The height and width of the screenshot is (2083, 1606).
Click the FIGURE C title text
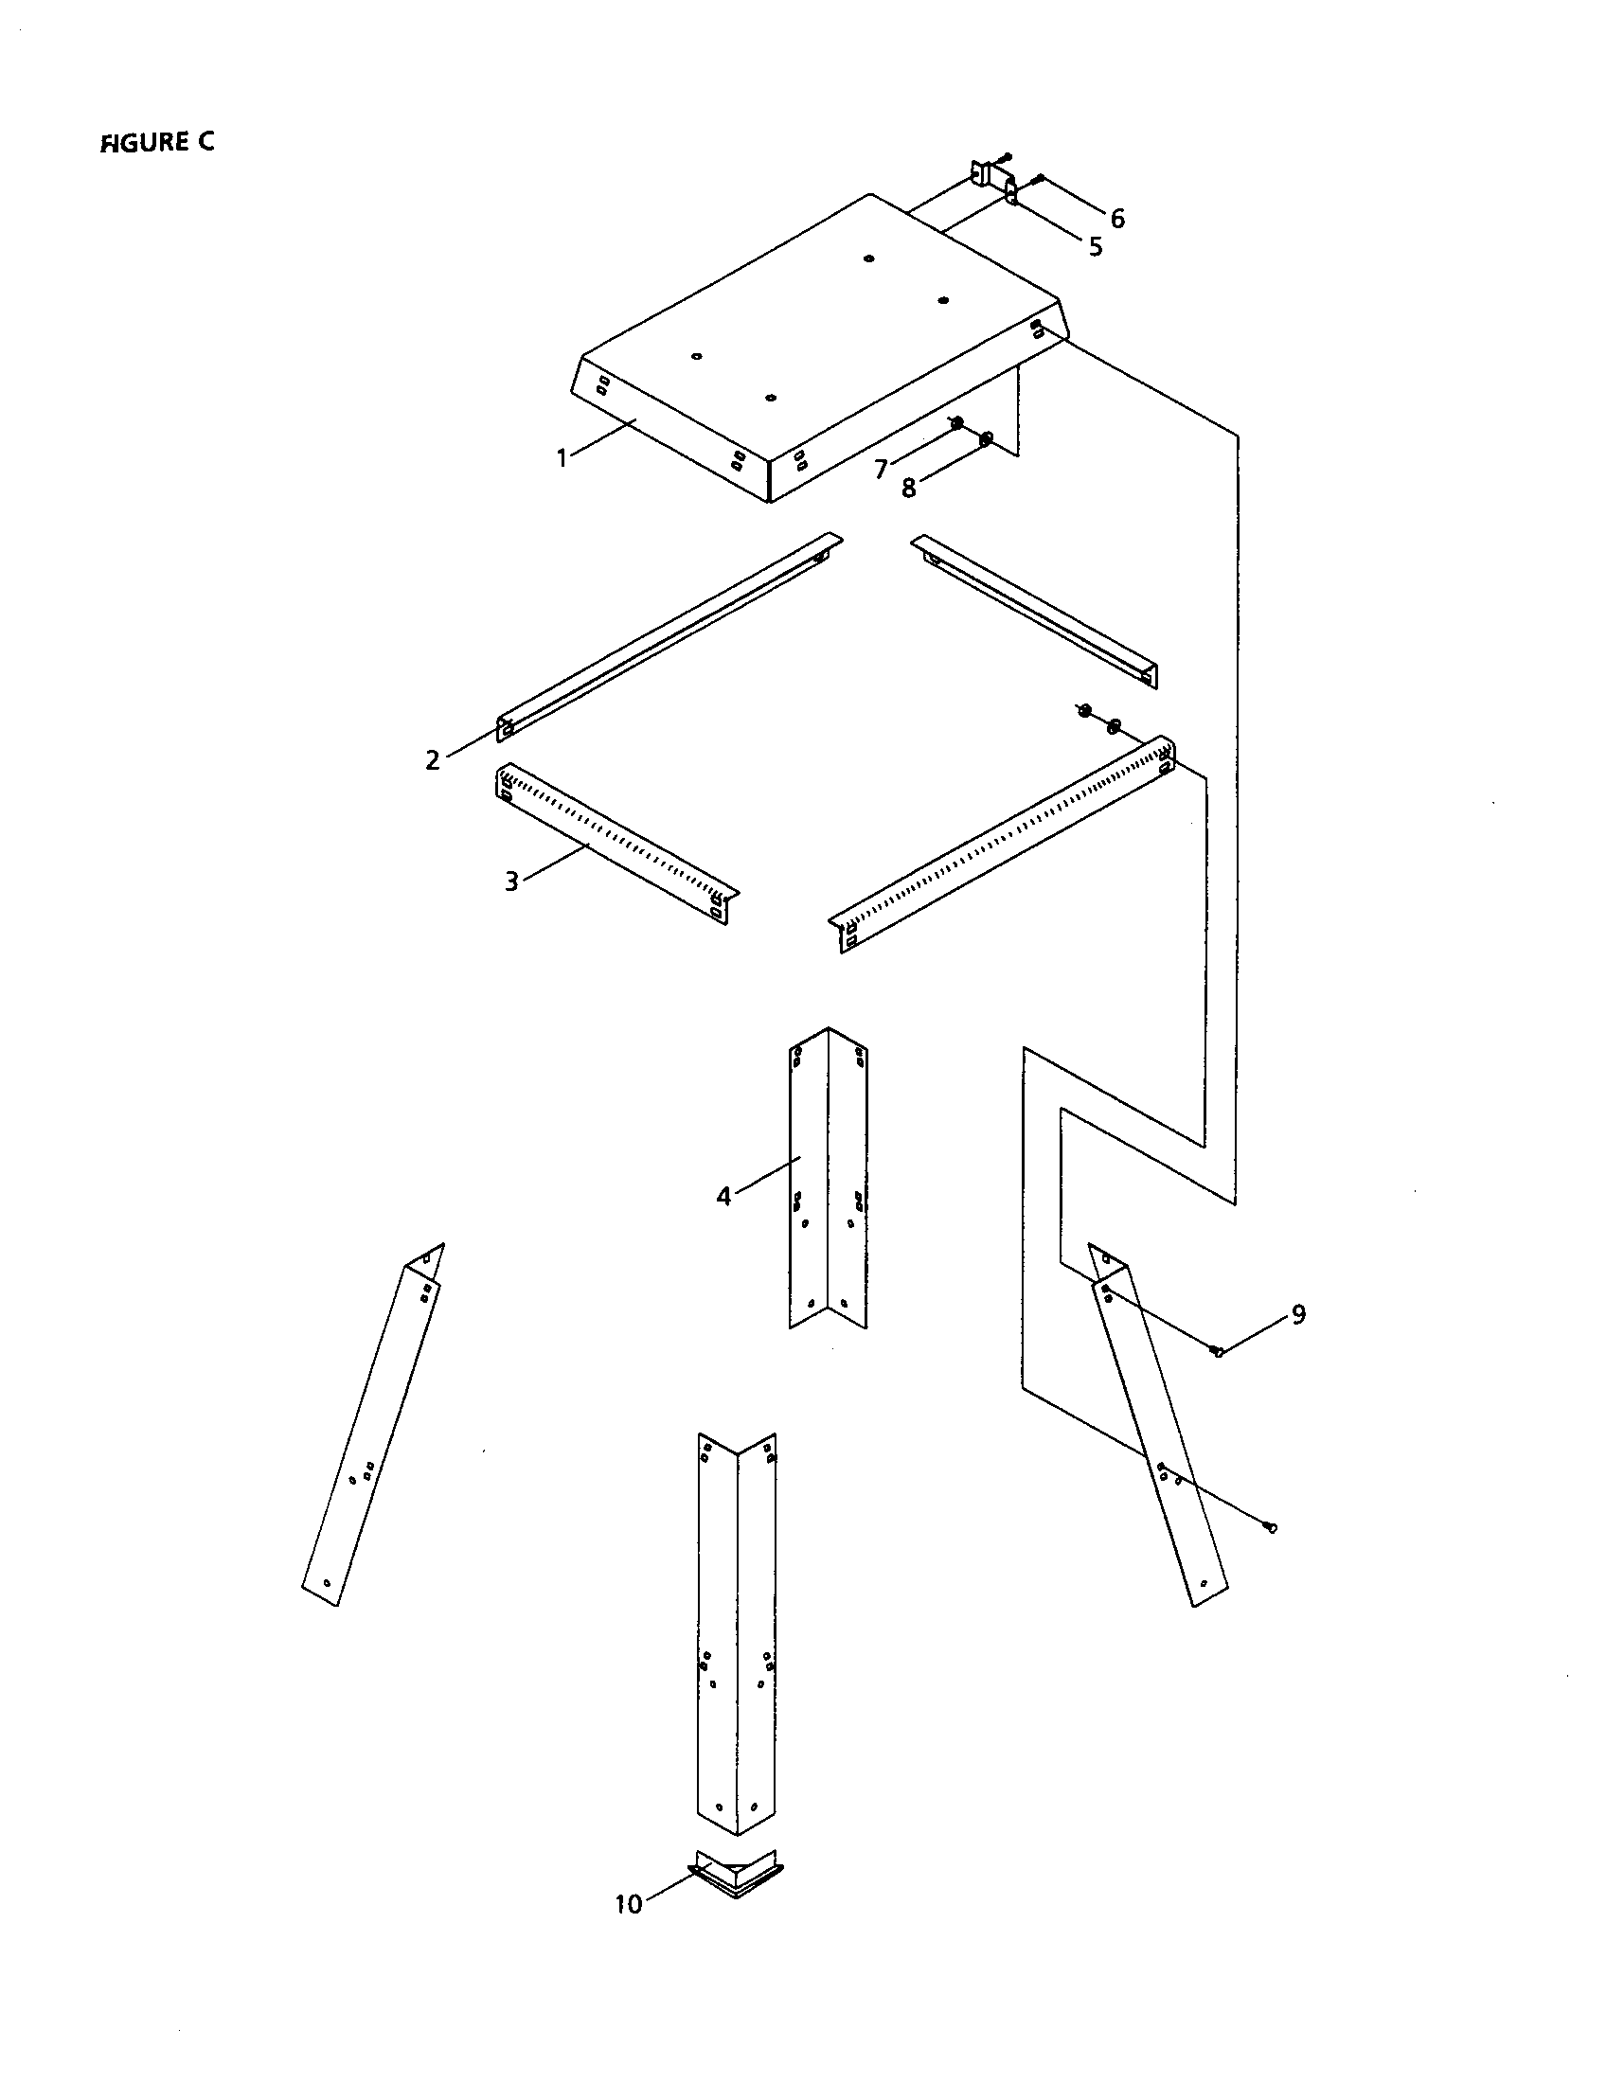point(157,142)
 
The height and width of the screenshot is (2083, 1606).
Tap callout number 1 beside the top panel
point(562,458)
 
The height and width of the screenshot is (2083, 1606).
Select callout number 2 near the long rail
point(433,760)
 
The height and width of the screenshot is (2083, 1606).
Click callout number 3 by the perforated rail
point(512,881)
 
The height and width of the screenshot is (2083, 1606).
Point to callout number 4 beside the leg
point(723,1196)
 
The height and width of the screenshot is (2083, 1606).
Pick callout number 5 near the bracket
point(1096,246)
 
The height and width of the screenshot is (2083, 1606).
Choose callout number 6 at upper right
point(1116,219)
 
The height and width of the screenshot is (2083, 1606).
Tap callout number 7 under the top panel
point(882,469)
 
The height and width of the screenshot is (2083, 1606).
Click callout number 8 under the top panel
point(909,489)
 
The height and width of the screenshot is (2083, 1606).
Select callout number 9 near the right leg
point(1298,1314)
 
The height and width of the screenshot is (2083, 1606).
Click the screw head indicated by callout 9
point(1218,1350)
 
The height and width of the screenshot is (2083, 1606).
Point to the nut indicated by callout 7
point(956,422)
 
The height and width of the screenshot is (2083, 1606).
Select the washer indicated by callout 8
point(986,438)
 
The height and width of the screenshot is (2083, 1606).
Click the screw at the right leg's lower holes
point(1271,1527)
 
